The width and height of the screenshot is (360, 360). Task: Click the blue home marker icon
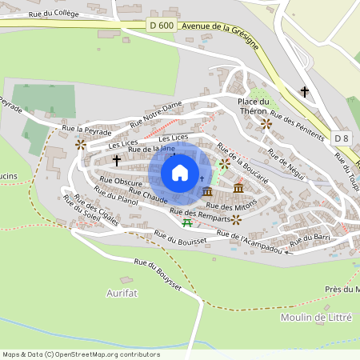[x=180, y=173]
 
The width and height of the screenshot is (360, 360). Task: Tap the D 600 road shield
[x=162, y=26]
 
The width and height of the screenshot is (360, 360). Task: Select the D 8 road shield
[x=342, y=138]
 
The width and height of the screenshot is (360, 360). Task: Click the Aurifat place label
[x=122, y=294]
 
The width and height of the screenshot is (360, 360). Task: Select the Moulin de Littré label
[x=317, y=318]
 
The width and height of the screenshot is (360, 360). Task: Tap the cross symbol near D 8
[x=304, y=92]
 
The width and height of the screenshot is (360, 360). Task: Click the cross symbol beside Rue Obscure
[x=117, y=161]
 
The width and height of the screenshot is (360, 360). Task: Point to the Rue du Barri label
[x=312, y=238]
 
